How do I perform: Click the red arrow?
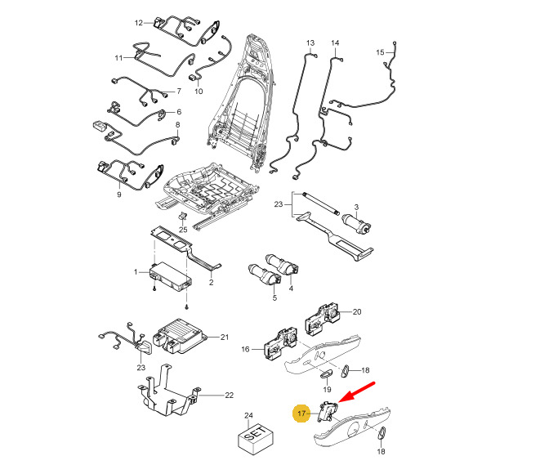pos(357,391)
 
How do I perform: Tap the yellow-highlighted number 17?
pos(301,413)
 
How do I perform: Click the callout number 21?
pos(225,338)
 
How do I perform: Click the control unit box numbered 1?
pos(172,275)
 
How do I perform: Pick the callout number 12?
pos(139,23)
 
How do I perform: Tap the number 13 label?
pos(310,43)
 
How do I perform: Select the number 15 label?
pos(380,52)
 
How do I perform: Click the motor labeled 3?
pos(356,224)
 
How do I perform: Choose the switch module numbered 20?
pos(322,319)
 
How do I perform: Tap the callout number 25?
pos(183,230)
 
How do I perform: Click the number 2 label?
pos(211,283)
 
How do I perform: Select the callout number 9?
pos(119,194)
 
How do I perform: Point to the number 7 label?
pos(179,92)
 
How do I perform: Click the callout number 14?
pos(335,43)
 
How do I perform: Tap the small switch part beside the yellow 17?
pos(327,411)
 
